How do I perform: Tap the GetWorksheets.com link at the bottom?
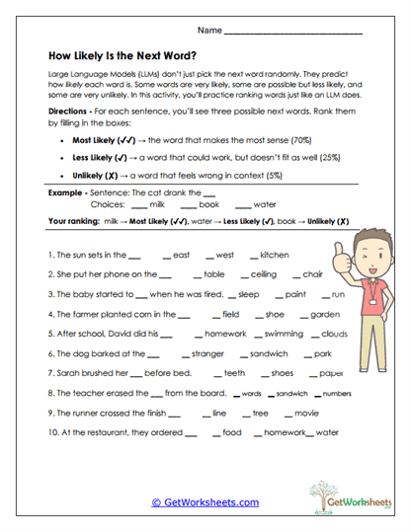pyautogui.click(x=205, y=501)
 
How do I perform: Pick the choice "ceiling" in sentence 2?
pyautogui.click(x=264, y=274)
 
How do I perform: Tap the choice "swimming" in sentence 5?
pyautogui.click(x=285, y=334)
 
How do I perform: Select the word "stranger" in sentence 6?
pyautogui.click(x=209, y=353)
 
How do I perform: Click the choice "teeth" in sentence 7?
pyautogui.click(x=235, y=373)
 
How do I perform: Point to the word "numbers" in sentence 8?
pyautogui.click(x=337, y=393)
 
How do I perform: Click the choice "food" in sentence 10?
pyautogui.click(x=232, y=432)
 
